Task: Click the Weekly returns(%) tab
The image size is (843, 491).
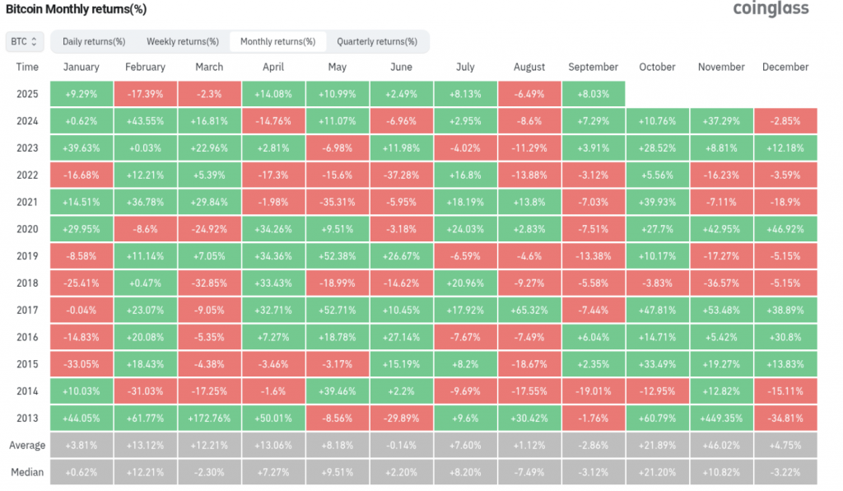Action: pos(183,41)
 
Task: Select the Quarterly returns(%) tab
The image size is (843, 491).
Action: pos(377,41)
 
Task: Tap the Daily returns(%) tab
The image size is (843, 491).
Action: pos(94,41)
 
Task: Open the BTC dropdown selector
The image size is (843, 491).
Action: pos(25,41)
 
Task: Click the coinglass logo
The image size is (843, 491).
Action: pos(771,8)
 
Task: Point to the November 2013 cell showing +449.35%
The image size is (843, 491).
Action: pos(721,419)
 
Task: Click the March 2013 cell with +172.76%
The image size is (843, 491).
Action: pos(209,419)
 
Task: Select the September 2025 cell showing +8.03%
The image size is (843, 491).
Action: pos(594,94)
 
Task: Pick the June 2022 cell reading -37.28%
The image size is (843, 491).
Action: pos(402,175)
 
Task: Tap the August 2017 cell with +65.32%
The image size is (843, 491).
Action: pos(529,311)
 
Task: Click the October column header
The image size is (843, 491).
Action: pos(657,68)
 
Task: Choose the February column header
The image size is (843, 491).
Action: pos(145,68)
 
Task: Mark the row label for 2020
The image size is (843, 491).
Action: pos(27,229)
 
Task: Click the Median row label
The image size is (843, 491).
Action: pos(27,472)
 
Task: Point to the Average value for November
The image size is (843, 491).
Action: pos(721,446)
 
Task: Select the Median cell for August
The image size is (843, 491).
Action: pos(529,472)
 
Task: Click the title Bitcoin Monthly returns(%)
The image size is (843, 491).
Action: pos(76,9)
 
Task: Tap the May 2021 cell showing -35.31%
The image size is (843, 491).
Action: pos(338,202)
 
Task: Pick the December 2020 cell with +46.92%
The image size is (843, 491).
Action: pos(785,229)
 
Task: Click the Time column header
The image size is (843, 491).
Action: pos(27,68)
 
